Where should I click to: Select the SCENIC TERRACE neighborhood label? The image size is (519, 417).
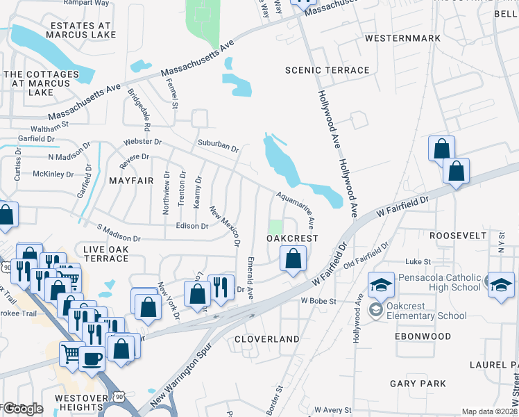tap(328, 70)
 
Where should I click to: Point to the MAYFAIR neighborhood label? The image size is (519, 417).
tap(131, 181)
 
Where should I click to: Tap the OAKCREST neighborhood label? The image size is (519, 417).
tap(292, 238)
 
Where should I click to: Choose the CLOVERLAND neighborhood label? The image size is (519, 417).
tap(267, 339)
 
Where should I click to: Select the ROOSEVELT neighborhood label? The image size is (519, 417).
tap(458, 236)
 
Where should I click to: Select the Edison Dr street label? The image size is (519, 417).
tap(192, 227)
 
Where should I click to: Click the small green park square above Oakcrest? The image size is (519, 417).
tap(276, 227)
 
